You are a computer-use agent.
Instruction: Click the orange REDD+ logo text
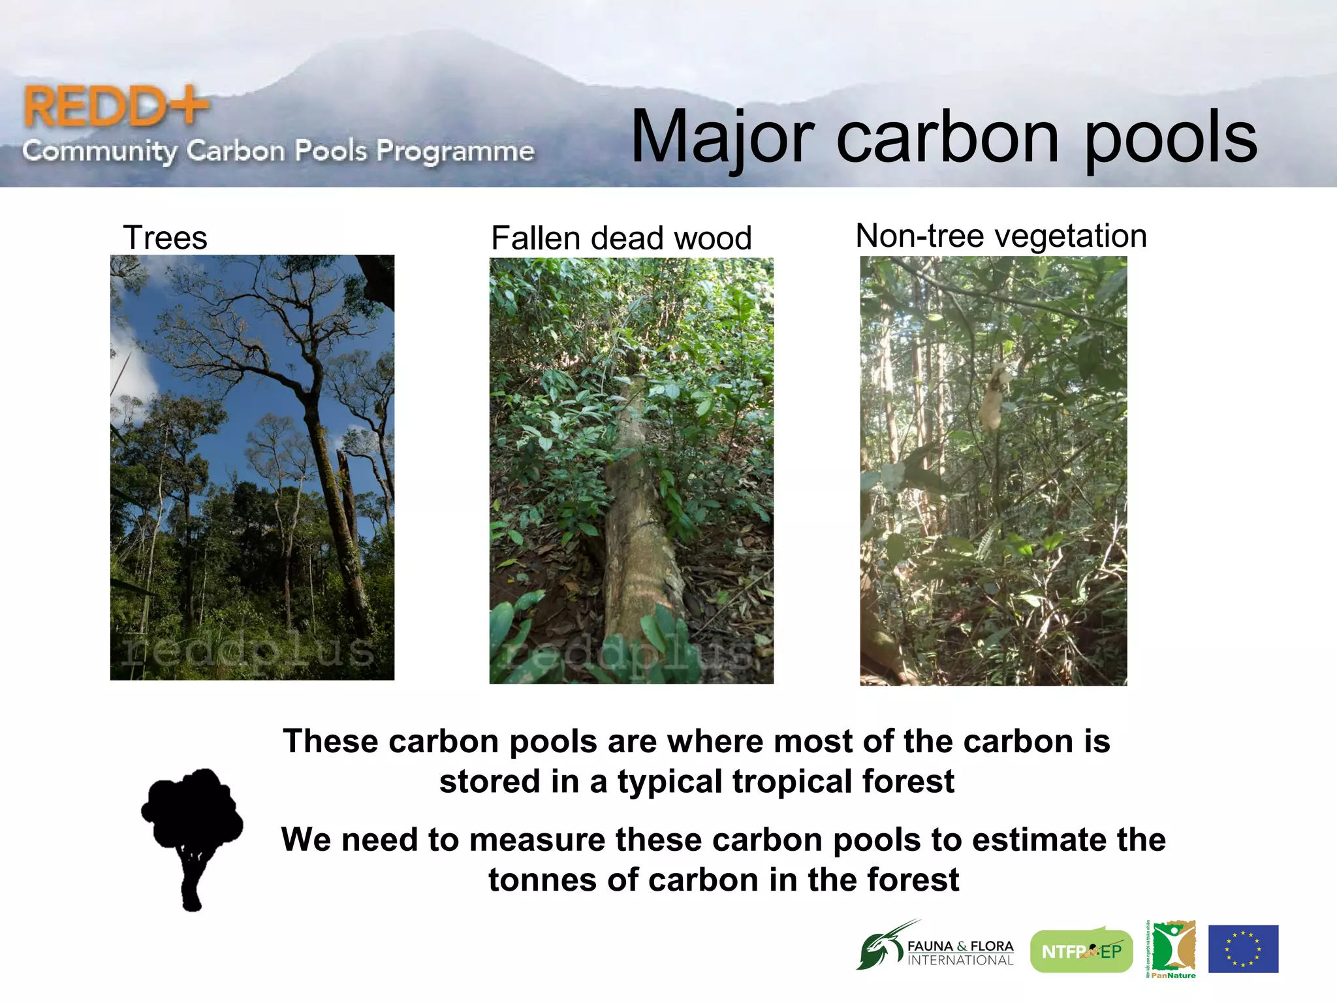coord(115,106)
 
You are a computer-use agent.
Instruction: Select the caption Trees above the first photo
coord(165,238)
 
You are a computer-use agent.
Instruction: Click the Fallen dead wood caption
coord(621,238)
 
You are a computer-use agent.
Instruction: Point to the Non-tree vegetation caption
coord(1001,236)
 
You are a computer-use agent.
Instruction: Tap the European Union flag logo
coord(1243,949)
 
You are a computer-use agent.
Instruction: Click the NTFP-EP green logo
coord(1081,951)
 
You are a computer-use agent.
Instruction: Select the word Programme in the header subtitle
coord(455,151)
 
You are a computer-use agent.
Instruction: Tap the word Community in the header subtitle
coord(99,151)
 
